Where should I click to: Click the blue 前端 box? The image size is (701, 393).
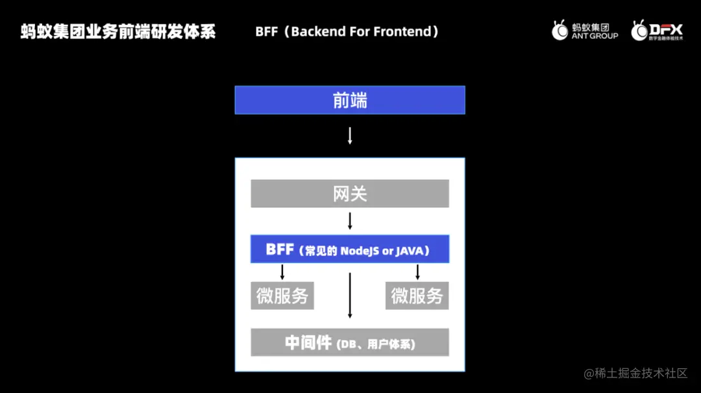pyautogui.click(x=350, y=100)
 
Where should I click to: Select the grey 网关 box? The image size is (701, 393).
pyautogui.click(x=350, y=194)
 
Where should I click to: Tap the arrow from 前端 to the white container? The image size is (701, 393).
pyautogui.click(x=350, y=135)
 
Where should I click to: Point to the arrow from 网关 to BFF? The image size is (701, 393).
pyautogui.click(x=350, y=221)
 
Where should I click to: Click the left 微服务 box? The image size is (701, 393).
pyautogui.click(x=282, y=296)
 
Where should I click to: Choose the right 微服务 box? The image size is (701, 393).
pyautogui.click(x=417, y=296)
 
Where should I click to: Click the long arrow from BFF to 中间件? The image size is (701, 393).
pyautogui.click(x=350, y=296)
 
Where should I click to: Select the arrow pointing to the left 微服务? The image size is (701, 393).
pyautogui.click(x=282, y=272)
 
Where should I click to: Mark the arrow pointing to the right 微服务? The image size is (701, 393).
pyautogui.click(x=417, y=272)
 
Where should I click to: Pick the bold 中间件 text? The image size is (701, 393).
pyautogui.click(x=308, y=343)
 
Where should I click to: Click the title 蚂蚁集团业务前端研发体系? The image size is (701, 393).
pyautogui.click(x=118, y=31)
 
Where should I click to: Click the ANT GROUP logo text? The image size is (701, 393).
pyautogui.click(x=595, y=36)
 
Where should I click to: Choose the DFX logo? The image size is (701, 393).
pyautogui.click(x=657, y=31)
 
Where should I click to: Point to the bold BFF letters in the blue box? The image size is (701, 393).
pyautogui.click(x=280, y=249)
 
